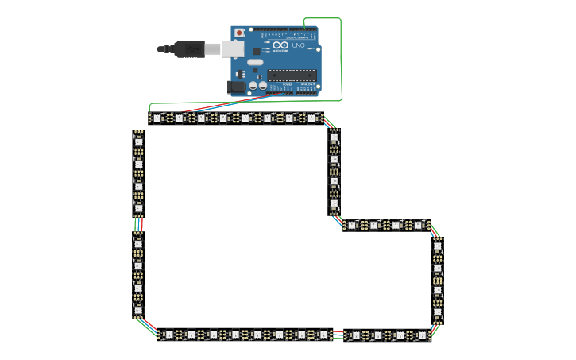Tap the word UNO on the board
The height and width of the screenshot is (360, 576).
(x=299, y=45)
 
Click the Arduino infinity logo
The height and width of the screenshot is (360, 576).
(x=280, y=46)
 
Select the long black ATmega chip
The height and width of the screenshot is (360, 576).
(x=292, y=75)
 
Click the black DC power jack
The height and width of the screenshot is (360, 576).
(x=237, y=87)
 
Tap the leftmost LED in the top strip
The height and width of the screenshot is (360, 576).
(x=157, y=118)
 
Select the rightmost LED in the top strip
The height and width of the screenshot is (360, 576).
(x=312, y=118)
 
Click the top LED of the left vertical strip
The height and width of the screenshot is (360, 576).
(x=138, y=142)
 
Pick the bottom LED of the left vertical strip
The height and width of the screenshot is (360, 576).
(x=138, y=310)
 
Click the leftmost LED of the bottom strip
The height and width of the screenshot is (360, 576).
(x=168, y=335)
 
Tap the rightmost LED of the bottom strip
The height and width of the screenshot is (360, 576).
(x=421, y=335)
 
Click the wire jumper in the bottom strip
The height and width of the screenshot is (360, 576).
(x=338, y=335)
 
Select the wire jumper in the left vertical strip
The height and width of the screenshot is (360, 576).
(x=138, y=226)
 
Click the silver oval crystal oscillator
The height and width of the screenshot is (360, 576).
(x=256, y=62)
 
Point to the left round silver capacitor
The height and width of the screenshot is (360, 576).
(x=253, y=85)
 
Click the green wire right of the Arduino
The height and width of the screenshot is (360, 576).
(x=342, y=60)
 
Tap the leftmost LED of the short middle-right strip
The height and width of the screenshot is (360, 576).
(x=352, y=225)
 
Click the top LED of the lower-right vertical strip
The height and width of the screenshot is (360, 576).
(x=437, y=246)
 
